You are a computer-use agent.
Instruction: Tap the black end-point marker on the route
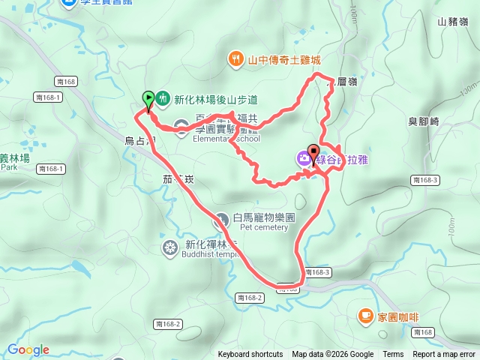point(313,151)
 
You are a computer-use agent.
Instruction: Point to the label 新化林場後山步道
point(215,98)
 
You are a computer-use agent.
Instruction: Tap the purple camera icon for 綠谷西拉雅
point(303,157)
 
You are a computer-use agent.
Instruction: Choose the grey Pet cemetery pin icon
point(222,220)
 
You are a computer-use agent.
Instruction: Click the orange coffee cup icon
point(364,316)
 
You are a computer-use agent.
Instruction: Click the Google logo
point(28,349)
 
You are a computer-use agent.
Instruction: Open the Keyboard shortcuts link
point(250,355)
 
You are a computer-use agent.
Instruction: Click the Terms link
point(393,355)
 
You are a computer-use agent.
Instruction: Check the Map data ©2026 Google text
point(333,355)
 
